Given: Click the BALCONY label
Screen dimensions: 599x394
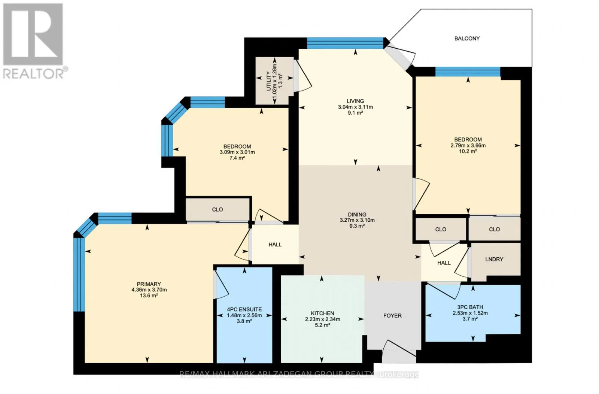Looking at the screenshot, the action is click(467, 39).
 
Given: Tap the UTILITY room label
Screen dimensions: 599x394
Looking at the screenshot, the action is click(269, 81).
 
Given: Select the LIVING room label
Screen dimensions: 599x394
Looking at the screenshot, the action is click(355, 101).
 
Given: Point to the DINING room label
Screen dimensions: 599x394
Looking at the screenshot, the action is click(357, 215).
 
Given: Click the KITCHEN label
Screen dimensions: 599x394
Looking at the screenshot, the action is click(322, 313).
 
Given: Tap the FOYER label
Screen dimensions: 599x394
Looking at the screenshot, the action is click(392, 316).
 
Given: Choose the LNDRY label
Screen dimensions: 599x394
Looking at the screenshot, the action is click(494, 259).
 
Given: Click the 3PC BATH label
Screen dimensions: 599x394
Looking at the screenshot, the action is click(470, 307).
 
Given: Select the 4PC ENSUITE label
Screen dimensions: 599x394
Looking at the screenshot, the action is click(244, 309).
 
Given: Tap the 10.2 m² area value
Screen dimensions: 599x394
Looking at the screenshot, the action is click(468, 151).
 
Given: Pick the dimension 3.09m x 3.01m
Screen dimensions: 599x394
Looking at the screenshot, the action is click(237, 152).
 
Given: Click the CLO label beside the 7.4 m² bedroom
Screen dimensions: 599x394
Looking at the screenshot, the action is click(218, 209).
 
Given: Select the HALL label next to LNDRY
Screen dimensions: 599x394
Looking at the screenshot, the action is click(444, 263).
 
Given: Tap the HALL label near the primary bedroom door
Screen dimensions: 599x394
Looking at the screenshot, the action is click(275, 245).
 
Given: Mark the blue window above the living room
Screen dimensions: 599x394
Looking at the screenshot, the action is click(345, 43).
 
